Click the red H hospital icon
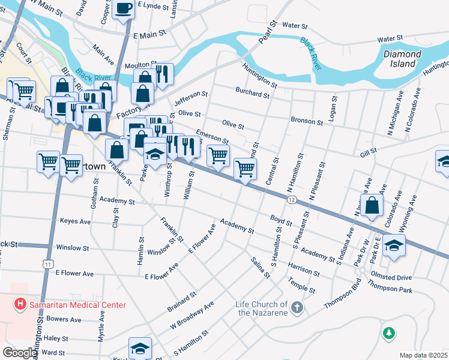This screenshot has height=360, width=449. click(20, 304)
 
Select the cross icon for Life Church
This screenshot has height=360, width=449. click(296, 308)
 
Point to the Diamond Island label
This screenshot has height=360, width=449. click(403, 59)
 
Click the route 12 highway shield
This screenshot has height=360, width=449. click(292, 200)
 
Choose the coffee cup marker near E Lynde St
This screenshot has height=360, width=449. click(123, 9)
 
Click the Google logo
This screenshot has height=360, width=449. click(19, 353)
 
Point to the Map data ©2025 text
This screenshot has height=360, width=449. click(423, 355)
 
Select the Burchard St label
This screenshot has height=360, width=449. click(252, 94)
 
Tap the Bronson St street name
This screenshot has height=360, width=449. click(307, 121)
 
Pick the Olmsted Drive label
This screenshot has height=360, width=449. click(408, 278)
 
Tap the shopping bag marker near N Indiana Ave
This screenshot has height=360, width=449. click(372, 205)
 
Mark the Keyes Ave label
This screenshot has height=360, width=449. click(75, 221)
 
